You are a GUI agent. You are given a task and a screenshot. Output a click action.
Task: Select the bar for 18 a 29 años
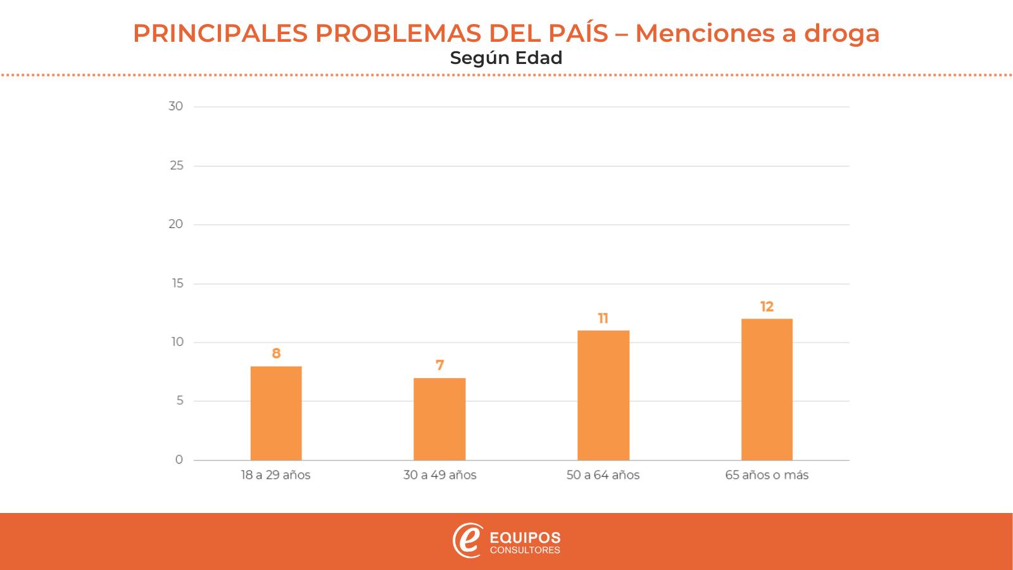tap(276, 413)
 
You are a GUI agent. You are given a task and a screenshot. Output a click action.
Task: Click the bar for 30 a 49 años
tap(439, 419)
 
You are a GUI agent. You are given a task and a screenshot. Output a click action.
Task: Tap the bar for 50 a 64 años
tap(603, 395)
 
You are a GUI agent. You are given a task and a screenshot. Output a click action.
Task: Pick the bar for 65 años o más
tap(767, 389)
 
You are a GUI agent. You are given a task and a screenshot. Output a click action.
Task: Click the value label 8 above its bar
tap(276, 353)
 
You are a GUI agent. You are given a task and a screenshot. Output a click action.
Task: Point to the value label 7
tap(439, 365)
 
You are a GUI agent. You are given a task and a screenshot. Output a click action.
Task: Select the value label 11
tap(603, 318)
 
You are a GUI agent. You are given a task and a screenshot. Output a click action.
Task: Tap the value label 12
tap(767, 307)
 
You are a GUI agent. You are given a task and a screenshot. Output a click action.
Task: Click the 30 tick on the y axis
tap(175, 106)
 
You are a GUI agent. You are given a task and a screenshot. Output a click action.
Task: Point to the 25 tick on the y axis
tap(176, 165)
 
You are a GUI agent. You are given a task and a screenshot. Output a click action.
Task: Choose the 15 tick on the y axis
tap(177, 283)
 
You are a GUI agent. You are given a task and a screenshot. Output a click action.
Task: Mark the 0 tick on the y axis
tap(179, 460)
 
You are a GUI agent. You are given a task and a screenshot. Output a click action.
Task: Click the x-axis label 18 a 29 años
tap(275, 475)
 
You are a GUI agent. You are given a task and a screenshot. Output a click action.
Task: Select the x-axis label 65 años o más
tap(767, 475)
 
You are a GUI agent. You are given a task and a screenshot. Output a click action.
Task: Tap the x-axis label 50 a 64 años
tap(603, 475)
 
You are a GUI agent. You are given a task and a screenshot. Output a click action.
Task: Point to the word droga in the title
tap(841, 33)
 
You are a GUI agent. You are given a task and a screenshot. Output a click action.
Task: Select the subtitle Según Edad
tap(506, 58)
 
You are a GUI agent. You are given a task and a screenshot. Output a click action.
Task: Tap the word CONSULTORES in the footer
tap(525, 550)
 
